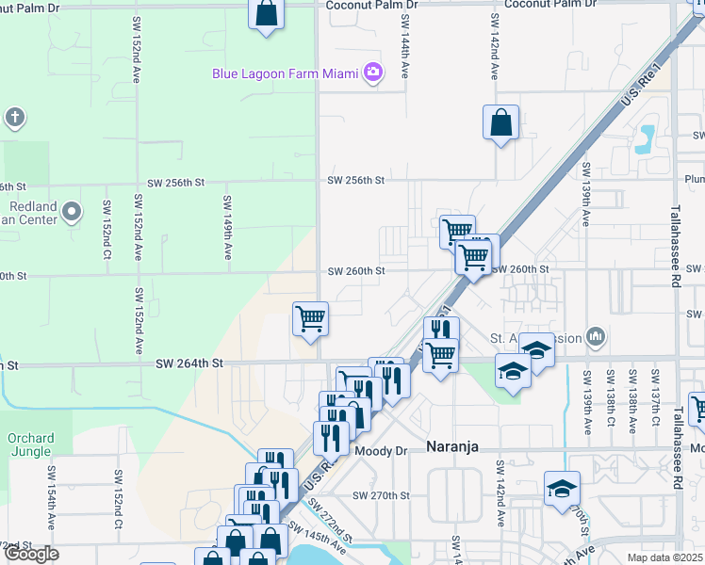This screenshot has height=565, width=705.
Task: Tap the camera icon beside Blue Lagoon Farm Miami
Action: [373, 72]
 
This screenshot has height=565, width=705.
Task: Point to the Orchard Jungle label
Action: [30, 444]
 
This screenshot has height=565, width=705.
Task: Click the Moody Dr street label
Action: [382, 452]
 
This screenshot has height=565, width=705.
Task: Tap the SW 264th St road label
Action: [189, 363]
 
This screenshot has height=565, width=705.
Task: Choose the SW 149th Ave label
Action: [227, 228]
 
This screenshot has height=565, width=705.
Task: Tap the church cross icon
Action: [14, 118]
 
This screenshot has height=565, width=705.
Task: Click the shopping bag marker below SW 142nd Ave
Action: [500, 122]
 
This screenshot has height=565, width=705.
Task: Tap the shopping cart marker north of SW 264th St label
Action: [310, 319]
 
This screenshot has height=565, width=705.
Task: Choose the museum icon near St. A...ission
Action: [595, 336]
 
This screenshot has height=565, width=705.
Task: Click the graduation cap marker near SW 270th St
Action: [562, 489]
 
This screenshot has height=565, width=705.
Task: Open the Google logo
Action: [30, 555]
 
